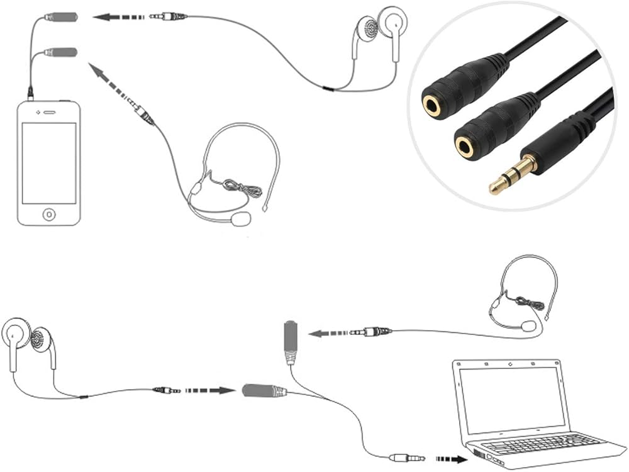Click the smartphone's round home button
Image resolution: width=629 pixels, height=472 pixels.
coord(49,214)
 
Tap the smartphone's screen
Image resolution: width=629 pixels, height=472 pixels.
coord(49,163)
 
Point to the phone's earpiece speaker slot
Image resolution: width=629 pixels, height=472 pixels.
coord(49,113)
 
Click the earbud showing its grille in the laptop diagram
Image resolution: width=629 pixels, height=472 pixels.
coord(42,340)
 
